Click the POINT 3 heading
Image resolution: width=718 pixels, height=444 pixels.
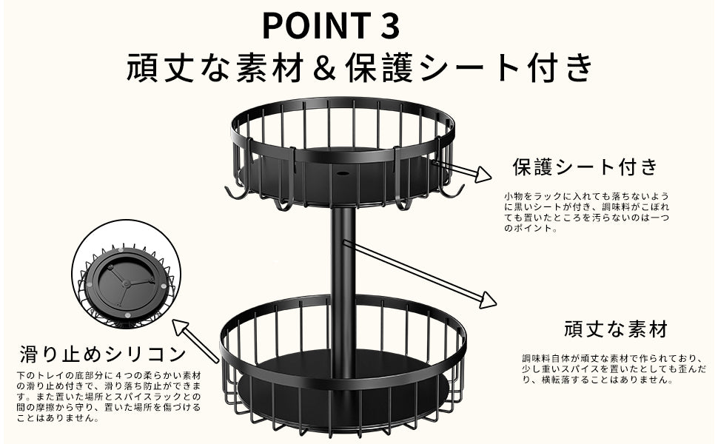331,25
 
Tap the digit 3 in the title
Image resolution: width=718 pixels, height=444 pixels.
389,25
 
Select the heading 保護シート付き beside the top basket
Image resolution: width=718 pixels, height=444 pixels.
586,166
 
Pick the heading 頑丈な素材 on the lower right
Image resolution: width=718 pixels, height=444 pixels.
616,329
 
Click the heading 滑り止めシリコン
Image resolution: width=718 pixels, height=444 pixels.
103,354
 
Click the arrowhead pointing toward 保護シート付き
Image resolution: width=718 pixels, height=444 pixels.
483,175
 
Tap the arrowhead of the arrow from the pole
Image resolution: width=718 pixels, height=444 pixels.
488,300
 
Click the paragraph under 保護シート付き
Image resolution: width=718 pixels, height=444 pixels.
586,212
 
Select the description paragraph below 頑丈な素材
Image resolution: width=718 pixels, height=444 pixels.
614,369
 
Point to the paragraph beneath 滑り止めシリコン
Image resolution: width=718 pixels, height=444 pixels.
109,397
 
